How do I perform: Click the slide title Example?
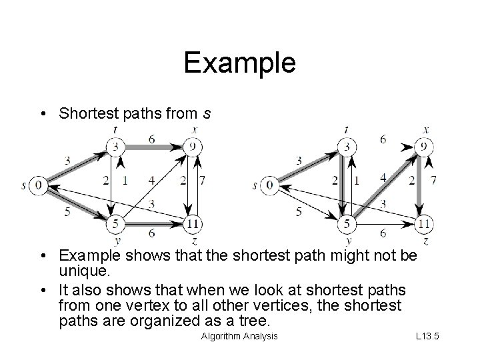pos(239,63)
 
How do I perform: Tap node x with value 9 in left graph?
pos(193,145)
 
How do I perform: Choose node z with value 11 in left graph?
pos(193,223)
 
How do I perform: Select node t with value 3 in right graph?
pos(347,145)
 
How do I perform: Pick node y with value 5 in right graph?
pos(347,223)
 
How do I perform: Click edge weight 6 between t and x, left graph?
pos(152,138)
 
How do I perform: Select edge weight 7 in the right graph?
pos(434,181)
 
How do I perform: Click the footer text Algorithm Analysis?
pos(239,335)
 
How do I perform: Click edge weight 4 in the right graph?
pos(383,177)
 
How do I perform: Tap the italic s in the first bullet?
pos(207,113)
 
